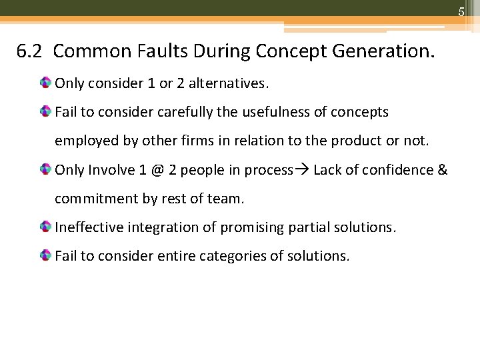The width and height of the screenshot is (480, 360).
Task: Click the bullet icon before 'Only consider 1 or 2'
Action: (45, 83)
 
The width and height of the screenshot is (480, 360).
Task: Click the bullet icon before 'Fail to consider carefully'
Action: (45, 112)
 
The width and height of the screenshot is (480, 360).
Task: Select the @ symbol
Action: (157, 170)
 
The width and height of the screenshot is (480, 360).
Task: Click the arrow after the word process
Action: (302, 170)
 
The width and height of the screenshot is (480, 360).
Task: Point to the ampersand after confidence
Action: (442, 170)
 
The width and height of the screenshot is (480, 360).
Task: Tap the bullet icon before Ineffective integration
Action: (45, 227)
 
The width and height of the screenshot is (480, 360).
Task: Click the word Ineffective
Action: (88, 227)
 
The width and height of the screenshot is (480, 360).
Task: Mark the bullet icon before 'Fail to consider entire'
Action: (45, 256)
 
